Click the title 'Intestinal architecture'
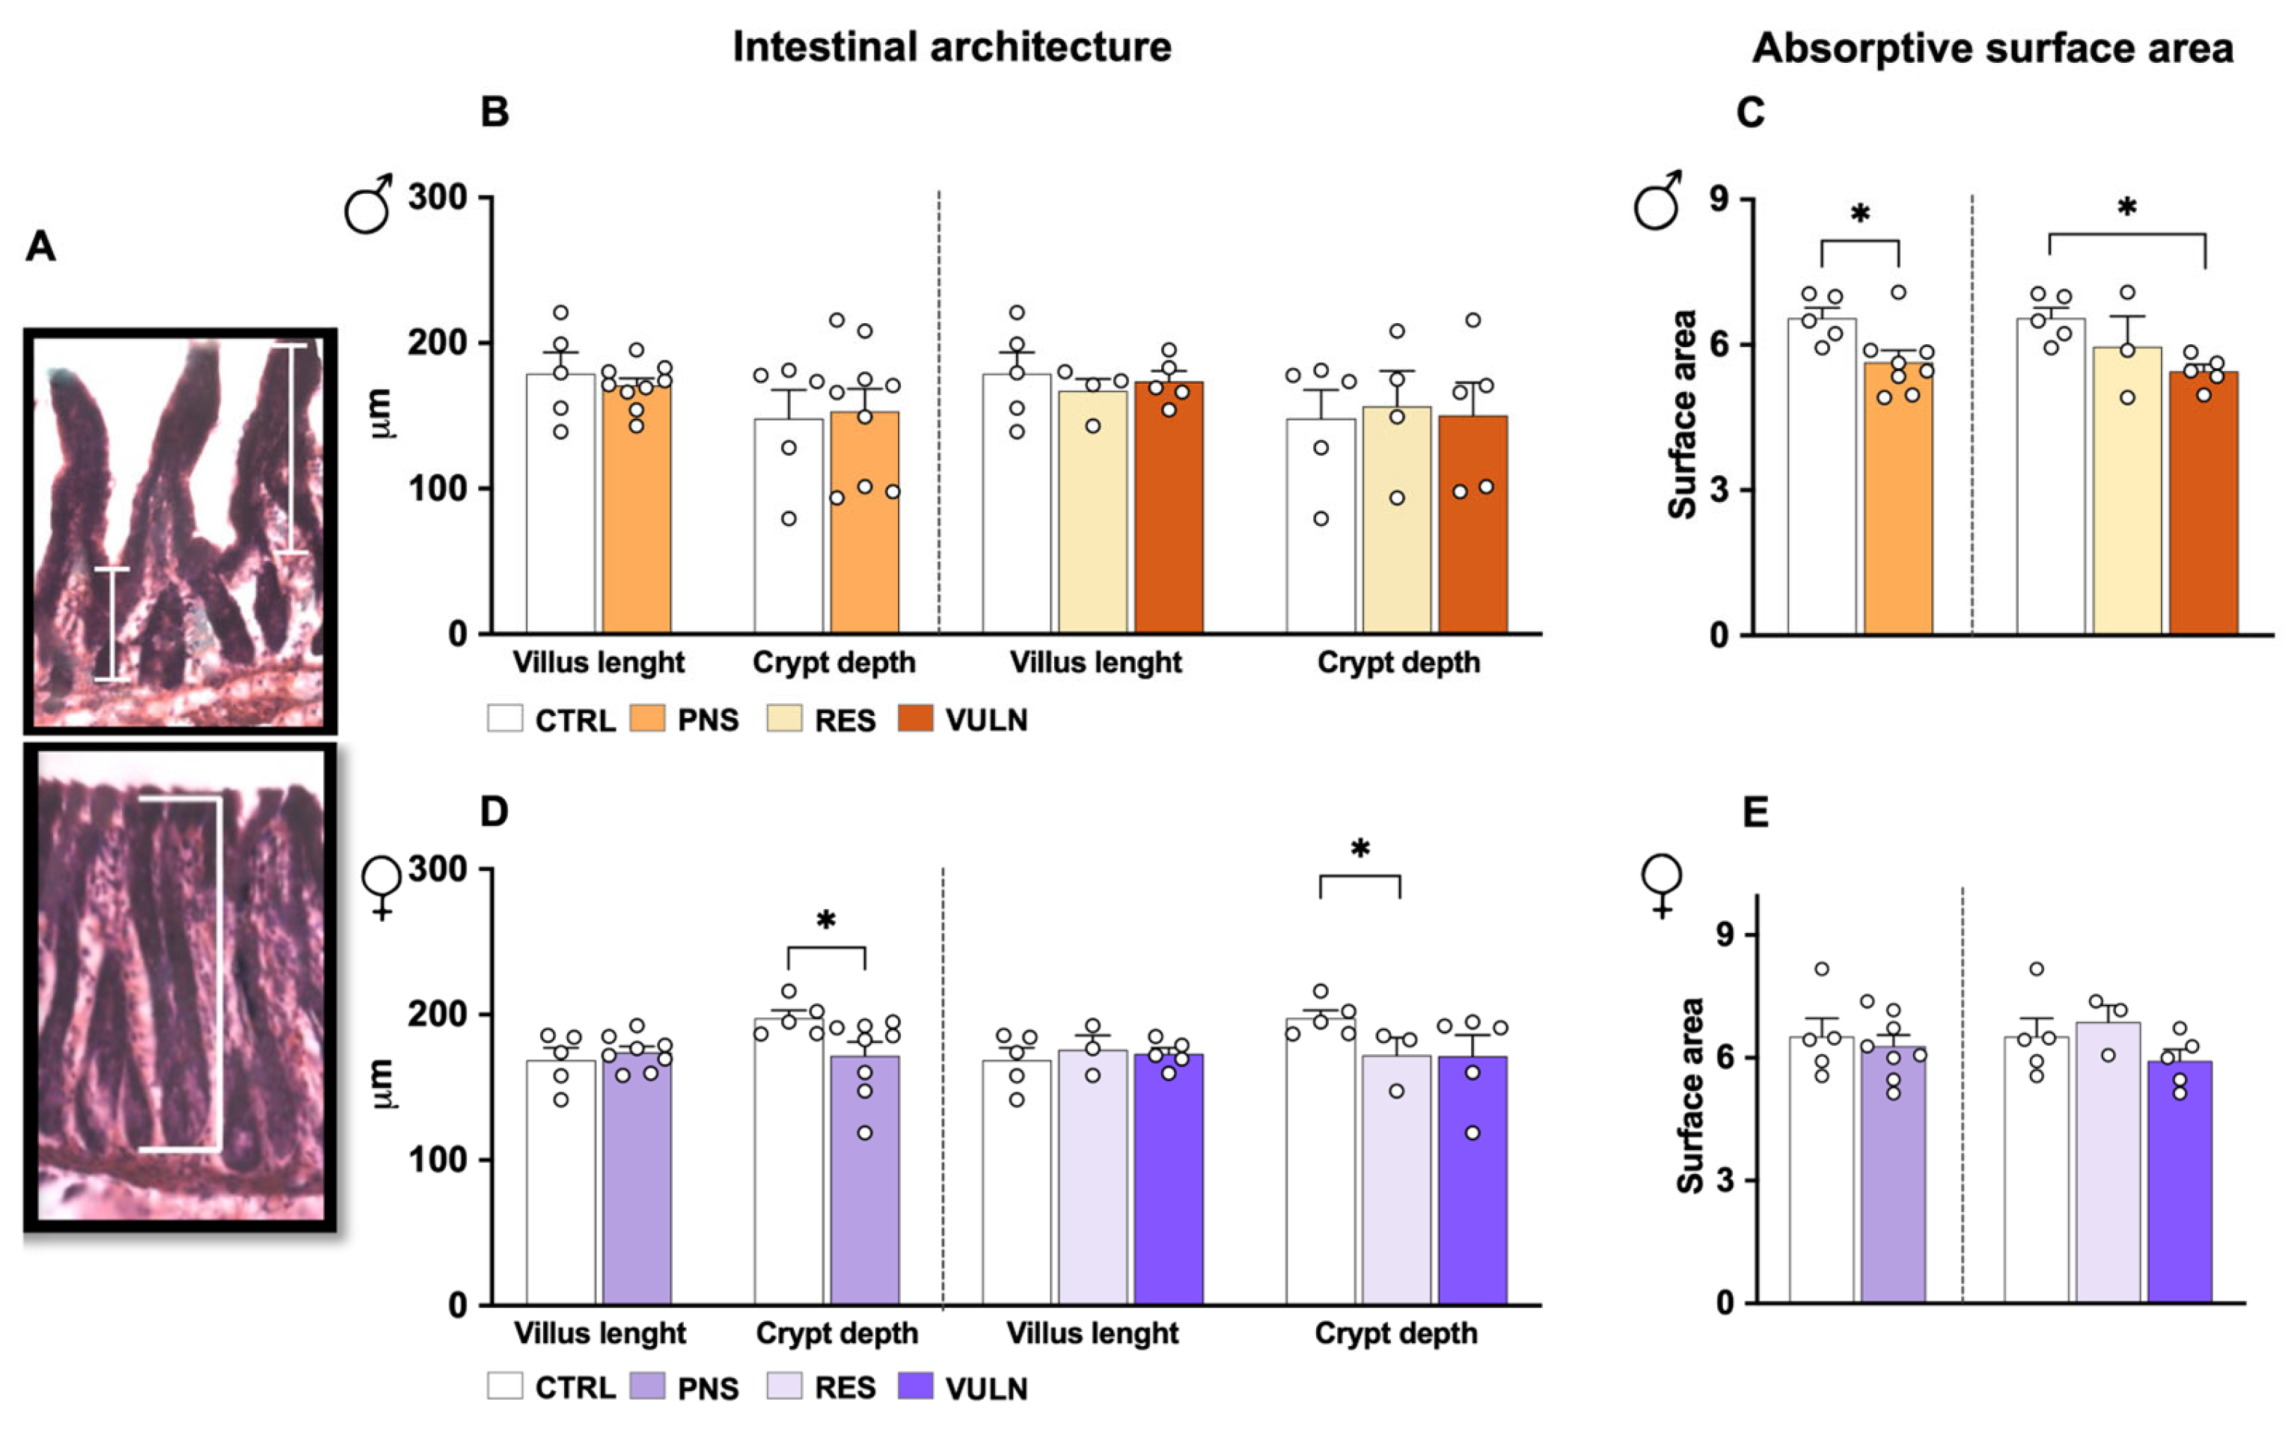(951, 47)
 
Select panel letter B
(495, 111)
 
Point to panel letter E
(1755, 812)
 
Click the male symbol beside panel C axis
(1658, 201)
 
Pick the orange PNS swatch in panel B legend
(646, 719)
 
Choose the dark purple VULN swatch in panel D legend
(915, 1386)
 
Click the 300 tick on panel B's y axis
(437, 198)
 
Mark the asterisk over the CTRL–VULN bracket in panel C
(2126, 208)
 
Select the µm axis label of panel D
(382, 1084)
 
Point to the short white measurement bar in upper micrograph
(111, 624)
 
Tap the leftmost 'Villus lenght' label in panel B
(599, 663)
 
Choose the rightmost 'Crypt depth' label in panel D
(1395, 1333)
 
